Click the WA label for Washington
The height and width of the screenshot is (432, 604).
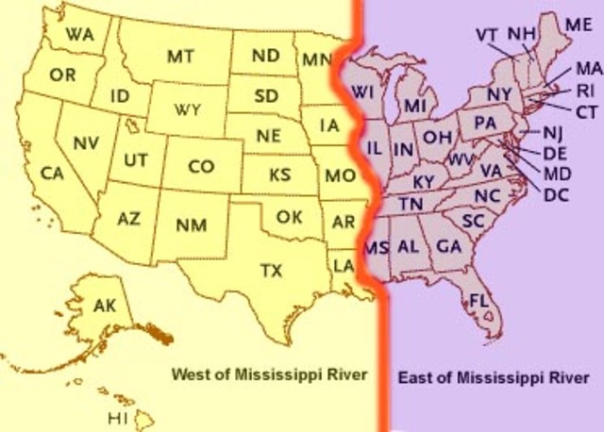pyautogui.click(x=79, y=35)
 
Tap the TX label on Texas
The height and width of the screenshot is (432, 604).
pyautogui.click(x=271, y=271)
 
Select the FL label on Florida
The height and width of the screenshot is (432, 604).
pyautogui.click(x=478, y=300)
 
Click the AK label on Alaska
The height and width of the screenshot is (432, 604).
pyautogui.click(x=105, y=305)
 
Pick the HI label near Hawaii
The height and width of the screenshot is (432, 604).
pyautogui.click(x=117, y=417)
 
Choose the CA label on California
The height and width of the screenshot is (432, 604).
pyautogui.click(x=52, y=174)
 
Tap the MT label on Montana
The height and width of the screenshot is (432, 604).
pyautogui.click(x=180, y=56)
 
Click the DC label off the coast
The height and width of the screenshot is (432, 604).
pyautogui.click(x=556, y=195)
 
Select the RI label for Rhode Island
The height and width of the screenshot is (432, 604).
pyautogui.click(x=585, y=91)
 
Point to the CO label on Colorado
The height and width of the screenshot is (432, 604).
pyautogui.click(x=201, y=166)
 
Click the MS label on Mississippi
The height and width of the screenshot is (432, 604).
pyautogui.click(x=377, y=247)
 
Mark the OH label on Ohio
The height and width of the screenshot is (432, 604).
pyautogui.click(x=437, y=137)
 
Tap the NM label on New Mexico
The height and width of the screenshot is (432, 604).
pyautogui.click(x=193, y=224)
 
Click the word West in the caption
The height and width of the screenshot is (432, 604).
pyautogui.click(x=188, y=374)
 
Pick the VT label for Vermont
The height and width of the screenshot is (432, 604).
pyautogui.click(x=487, y=35)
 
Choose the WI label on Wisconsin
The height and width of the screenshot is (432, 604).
pyautogui.click(x=362, y=91)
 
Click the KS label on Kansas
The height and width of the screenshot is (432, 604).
pyautogui.click(x=279, y=174)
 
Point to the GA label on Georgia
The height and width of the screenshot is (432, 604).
pyautogui.click(x=449, y=246)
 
